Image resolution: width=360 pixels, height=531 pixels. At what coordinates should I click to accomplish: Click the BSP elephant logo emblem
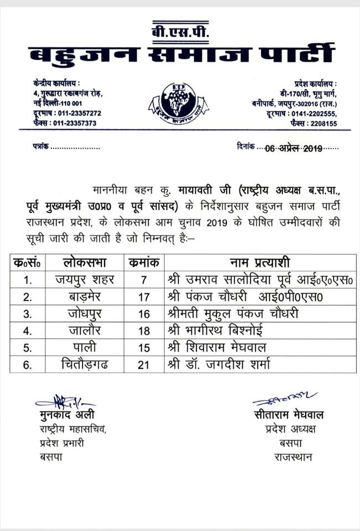[x=178, y=103]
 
